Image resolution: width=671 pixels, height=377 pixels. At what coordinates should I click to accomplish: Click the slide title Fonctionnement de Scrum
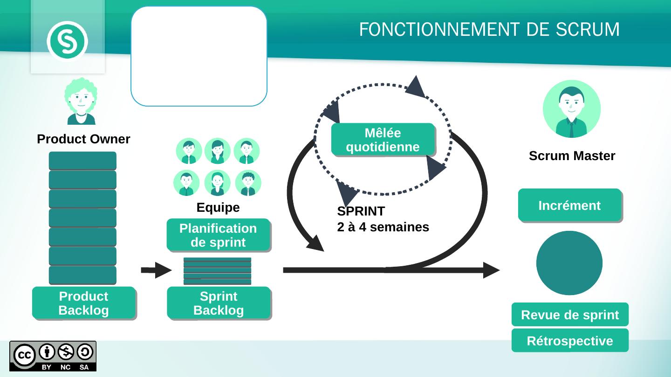pyautogui.click(x=489, y=30)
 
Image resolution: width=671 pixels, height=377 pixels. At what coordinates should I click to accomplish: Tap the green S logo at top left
pyautogui.click(x=68, y=41)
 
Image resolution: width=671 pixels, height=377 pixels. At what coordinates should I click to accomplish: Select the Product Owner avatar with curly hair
pyautogui.click(x=81, y=101)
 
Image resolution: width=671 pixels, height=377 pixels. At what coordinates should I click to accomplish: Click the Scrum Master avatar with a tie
pyautogui.click(x=572, y=109)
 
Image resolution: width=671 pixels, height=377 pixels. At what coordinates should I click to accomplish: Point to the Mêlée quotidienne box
pyautogui.click(x=383, y=140)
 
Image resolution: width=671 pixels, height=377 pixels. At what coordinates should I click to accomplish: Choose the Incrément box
pyautogui.click(x=569, y=205)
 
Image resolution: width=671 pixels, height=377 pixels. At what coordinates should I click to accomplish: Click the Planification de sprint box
pyautogui.click(x=218, y=235)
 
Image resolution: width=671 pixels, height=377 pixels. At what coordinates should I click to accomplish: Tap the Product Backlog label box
pyautogui.click(x=84, y=303)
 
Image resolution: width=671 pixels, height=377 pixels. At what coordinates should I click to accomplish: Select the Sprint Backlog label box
pyautogui.click(x=219, y=303)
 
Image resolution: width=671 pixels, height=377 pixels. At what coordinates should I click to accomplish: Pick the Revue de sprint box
pyautogui.click(x=569, y=315)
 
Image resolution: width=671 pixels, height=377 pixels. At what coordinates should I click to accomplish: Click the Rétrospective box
pyautogui.click(x=569, y=341)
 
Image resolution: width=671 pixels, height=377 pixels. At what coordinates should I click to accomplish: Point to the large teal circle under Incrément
pyautogui.click(x=569, y=263)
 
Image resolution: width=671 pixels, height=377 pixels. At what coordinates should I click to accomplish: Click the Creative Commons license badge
pyautogui.click(x=53, y=356)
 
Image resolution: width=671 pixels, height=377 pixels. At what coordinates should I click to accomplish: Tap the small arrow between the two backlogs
pyautogui.click(x=157, y=270)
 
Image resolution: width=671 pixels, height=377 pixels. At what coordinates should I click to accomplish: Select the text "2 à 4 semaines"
pyautogui.click(x=383, y=228)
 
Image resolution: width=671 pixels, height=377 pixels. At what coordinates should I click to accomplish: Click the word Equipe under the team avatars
pyautogui.click(x=218, y=208)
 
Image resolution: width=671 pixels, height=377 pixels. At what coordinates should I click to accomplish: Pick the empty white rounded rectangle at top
pyautogui.click(x=199, y=56)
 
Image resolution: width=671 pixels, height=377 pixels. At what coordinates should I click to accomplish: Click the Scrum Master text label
pyautogui.click(x=572, y=156)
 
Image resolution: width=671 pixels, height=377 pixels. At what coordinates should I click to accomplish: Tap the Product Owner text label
pyautogui.click(x=83, y=139)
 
